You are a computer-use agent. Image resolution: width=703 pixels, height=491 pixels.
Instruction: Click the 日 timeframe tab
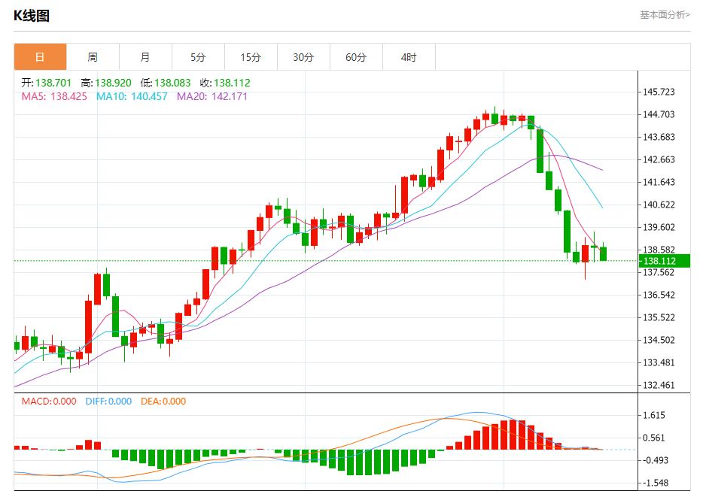[40, 57]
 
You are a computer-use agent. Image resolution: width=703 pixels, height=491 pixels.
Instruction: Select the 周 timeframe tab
[93, 57]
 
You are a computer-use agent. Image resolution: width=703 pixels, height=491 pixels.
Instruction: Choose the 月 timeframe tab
[145, 57]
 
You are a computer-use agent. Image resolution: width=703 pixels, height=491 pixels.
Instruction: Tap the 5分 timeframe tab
[198, 57]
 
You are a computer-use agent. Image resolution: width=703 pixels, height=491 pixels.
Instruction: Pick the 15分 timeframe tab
[251, 57]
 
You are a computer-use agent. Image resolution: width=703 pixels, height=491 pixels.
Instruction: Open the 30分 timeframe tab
[303, 57]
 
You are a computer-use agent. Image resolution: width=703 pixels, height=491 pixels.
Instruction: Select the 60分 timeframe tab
[356, 57]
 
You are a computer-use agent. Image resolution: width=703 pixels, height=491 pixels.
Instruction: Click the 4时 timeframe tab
[409, 57]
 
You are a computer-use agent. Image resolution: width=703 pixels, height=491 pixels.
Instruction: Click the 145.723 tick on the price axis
[659, 92]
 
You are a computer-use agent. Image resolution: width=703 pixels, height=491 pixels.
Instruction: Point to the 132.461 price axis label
[659, 385]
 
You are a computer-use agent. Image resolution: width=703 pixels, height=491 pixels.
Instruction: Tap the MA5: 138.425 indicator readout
[54, 96]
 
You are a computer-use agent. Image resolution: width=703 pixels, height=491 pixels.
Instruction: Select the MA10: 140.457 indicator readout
[132, 96]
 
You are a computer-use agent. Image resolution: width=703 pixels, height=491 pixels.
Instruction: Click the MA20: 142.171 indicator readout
[212, 96]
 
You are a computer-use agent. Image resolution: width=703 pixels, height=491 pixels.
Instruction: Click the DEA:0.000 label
[163, 402]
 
